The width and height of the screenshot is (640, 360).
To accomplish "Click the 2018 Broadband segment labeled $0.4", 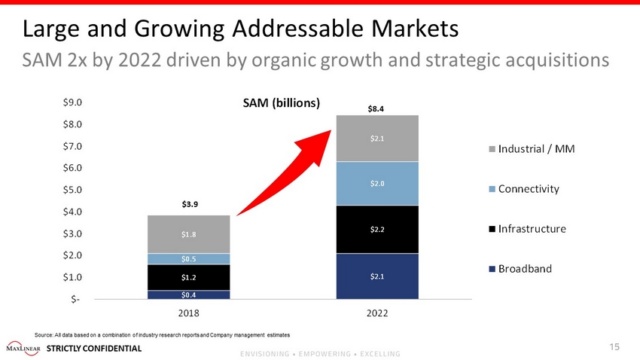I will [x=189, y=294].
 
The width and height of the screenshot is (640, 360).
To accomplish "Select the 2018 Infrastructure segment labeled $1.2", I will [x=189, y=277].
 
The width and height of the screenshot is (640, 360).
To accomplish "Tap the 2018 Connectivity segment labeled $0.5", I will [x=189, y=259].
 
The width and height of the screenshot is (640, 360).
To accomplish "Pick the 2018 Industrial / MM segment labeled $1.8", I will [x=189, y=234].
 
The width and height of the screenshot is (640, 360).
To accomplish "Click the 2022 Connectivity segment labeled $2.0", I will [x=377, y=184].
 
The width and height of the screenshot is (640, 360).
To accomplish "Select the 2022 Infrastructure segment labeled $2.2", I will [x=377, y=229].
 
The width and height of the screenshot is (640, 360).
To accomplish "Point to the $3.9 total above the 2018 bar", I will [x=189, y=203].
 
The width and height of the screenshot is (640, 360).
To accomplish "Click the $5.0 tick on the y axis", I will [x=73, y=190].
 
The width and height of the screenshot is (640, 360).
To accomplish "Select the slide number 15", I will [x=614, y=346].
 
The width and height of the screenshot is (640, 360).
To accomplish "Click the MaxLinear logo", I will [x=23, y=348].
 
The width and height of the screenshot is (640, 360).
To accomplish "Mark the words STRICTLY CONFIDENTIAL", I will [x=94, y=348].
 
